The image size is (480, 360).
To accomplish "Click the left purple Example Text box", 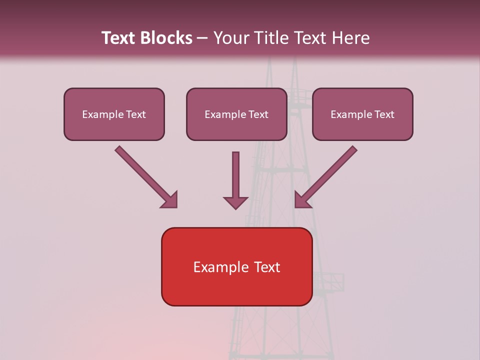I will pos(114,114).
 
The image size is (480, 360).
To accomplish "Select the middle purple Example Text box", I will pos(236,114).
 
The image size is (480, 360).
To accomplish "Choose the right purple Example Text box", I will pos(362,114).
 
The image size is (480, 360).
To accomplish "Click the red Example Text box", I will pos(236,267).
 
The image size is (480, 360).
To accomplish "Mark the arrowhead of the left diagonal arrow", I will pos(170,200).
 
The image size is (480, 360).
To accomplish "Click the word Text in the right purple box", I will pos(384,114).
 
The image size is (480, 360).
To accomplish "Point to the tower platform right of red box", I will pos(329,282).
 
